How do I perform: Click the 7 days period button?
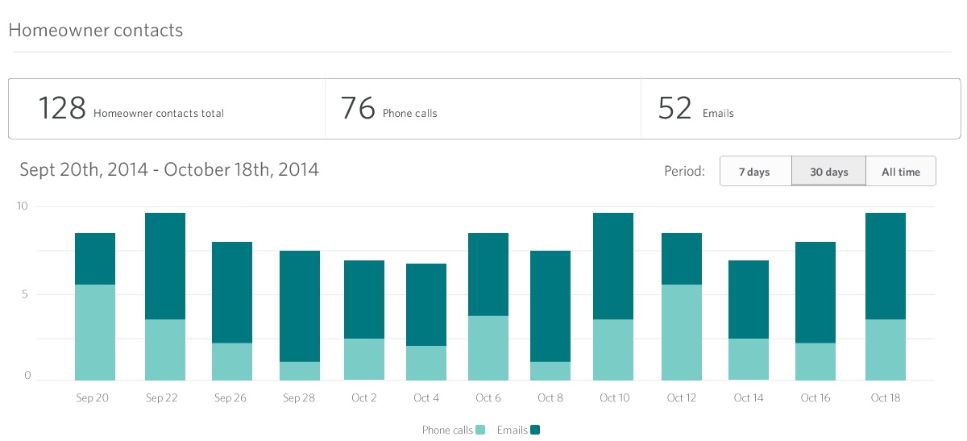tap(754, 172)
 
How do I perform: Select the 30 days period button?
tap(828, 172)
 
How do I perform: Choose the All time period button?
tap(900, 172)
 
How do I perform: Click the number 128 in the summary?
tap(62, 108)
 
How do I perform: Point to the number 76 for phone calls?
tap(358, 108)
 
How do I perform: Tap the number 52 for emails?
tap(674, 108)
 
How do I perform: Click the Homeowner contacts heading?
tap(95, 31)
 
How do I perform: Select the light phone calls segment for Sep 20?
tap(95, 332)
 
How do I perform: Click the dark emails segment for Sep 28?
tap(300, 306)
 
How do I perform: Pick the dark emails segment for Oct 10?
tap(613, 266)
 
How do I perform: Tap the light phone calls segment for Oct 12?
tap(682, 332)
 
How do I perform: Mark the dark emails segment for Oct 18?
tap(886, 266)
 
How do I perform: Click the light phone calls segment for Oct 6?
tap(488, 347)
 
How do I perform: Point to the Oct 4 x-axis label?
tap(426, 398)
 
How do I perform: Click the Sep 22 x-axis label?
tap(162, 398)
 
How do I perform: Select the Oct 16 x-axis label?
tap(816, 398)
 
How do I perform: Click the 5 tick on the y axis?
tap(26, 294)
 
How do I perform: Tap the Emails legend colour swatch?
tap(534, 431)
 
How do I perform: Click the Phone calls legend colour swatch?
tap(481, 431)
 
